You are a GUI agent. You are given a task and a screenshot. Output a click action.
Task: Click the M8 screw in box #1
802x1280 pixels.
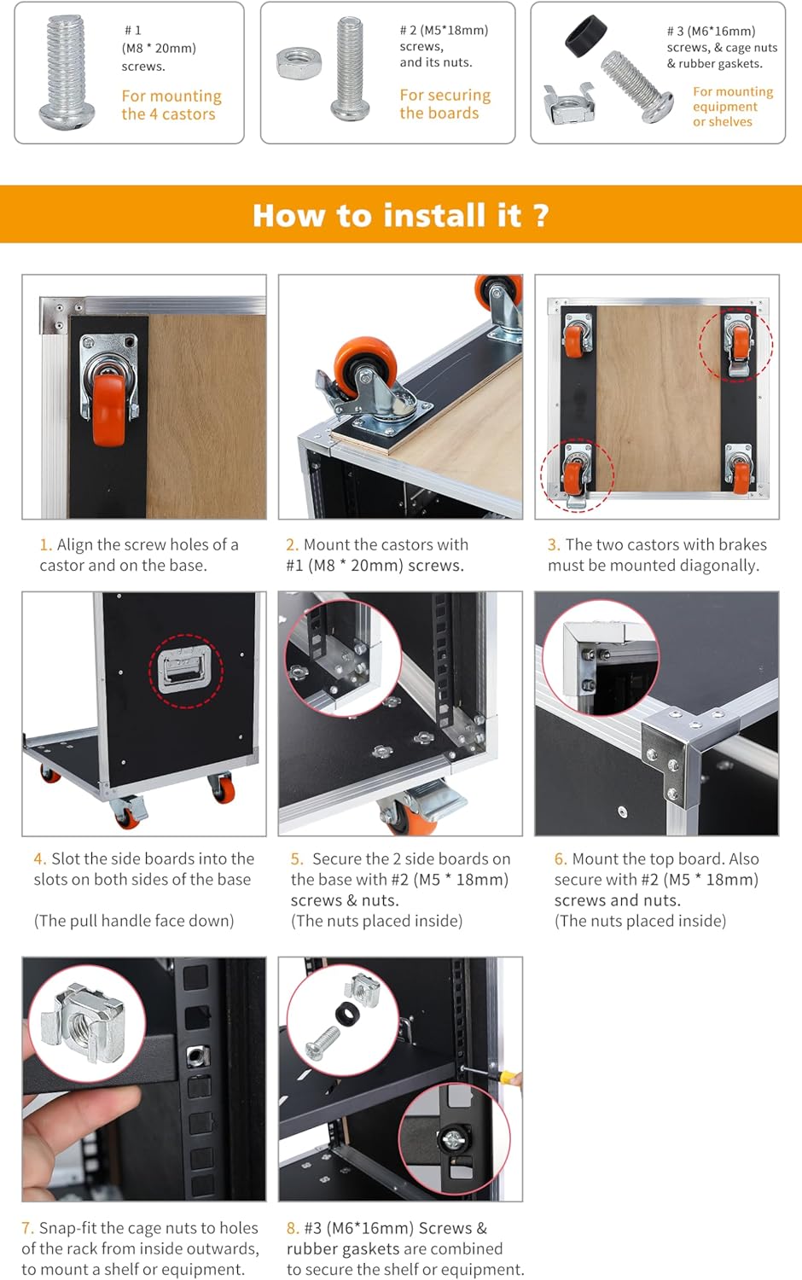[x=66, y=72]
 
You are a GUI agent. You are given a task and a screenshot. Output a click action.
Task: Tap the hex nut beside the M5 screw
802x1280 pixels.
[x=298, y=62]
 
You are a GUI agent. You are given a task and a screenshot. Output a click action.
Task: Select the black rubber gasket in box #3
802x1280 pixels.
[x=585, y=36]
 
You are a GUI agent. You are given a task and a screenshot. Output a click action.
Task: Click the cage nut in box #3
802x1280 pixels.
[x=569, y=103]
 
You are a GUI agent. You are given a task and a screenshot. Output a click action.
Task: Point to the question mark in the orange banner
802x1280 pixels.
[x=540, y=215]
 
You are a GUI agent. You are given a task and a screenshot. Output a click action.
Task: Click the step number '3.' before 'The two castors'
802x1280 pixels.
[x=553, y=544]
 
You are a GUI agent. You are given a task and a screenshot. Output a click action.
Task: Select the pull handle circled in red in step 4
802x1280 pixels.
[x=184, y=670]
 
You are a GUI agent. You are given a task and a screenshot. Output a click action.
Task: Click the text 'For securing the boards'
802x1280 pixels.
[x=445, y=104]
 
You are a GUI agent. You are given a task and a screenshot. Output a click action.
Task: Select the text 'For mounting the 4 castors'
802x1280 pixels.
[x=171, y=105]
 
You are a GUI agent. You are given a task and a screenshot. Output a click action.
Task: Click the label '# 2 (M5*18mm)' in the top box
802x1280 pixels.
[x=444, y=30]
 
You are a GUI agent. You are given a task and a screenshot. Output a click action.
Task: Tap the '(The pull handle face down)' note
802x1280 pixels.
[x=134, y=921]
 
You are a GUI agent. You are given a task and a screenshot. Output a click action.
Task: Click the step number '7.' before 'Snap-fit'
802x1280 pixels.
[x=27, y=1228]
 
